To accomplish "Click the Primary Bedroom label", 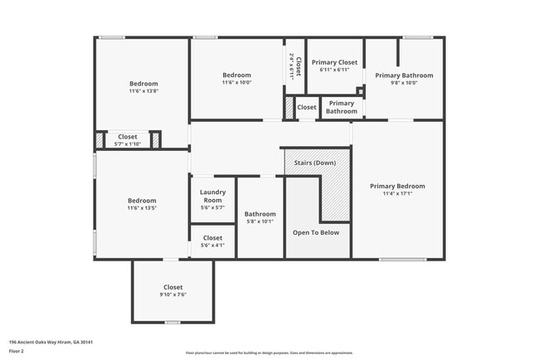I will [397, 186].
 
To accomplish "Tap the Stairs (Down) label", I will [315, 163].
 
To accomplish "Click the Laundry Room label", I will [212, 197].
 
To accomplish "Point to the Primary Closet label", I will [334, 62].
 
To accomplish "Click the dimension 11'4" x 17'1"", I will [397, 194].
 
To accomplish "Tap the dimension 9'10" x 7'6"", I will [172, 294].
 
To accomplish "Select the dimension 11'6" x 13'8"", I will [143, 91].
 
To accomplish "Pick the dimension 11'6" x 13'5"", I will [142, 208].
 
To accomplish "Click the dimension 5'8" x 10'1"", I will [260, 222].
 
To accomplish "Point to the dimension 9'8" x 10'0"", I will [404, 83].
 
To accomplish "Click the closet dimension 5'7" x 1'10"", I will [128, 144].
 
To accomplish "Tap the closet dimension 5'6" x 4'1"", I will [212, 246].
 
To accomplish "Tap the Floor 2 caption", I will [17, 352].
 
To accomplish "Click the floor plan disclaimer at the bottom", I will [269, 353].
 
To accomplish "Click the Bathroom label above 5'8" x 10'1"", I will [260, 214].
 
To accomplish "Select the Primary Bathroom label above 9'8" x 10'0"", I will [404, 75].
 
